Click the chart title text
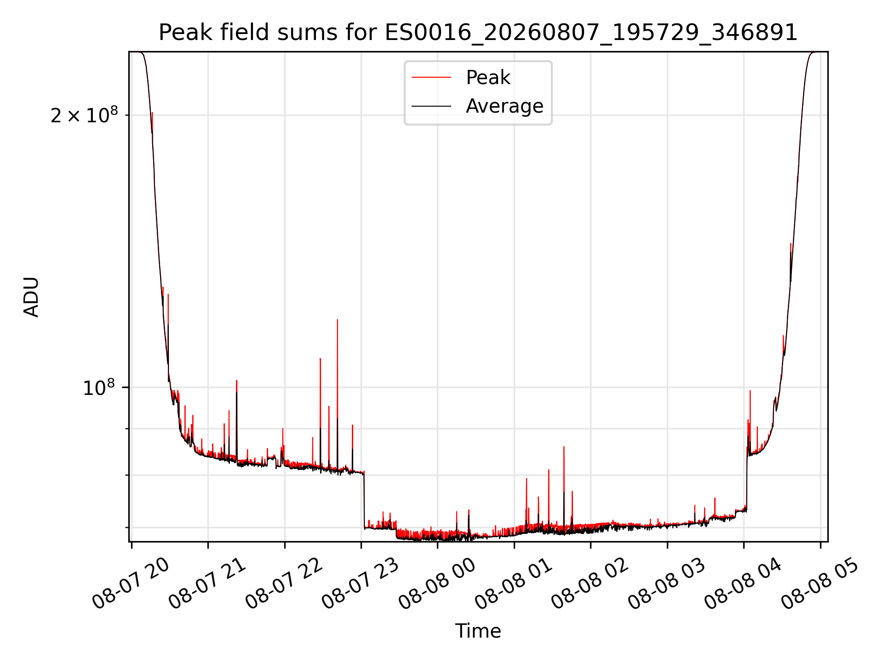click(x=478, y=33)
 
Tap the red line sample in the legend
click(x=431, y=77)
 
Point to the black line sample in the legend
click(x=431, y=106)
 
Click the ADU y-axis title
click(x=31, y=297)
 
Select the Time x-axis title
click(x=478, y=631)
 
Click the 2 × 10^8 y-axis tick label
click(x=84, y=115)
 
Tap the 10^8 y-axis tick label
click(x=98, y=388)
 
